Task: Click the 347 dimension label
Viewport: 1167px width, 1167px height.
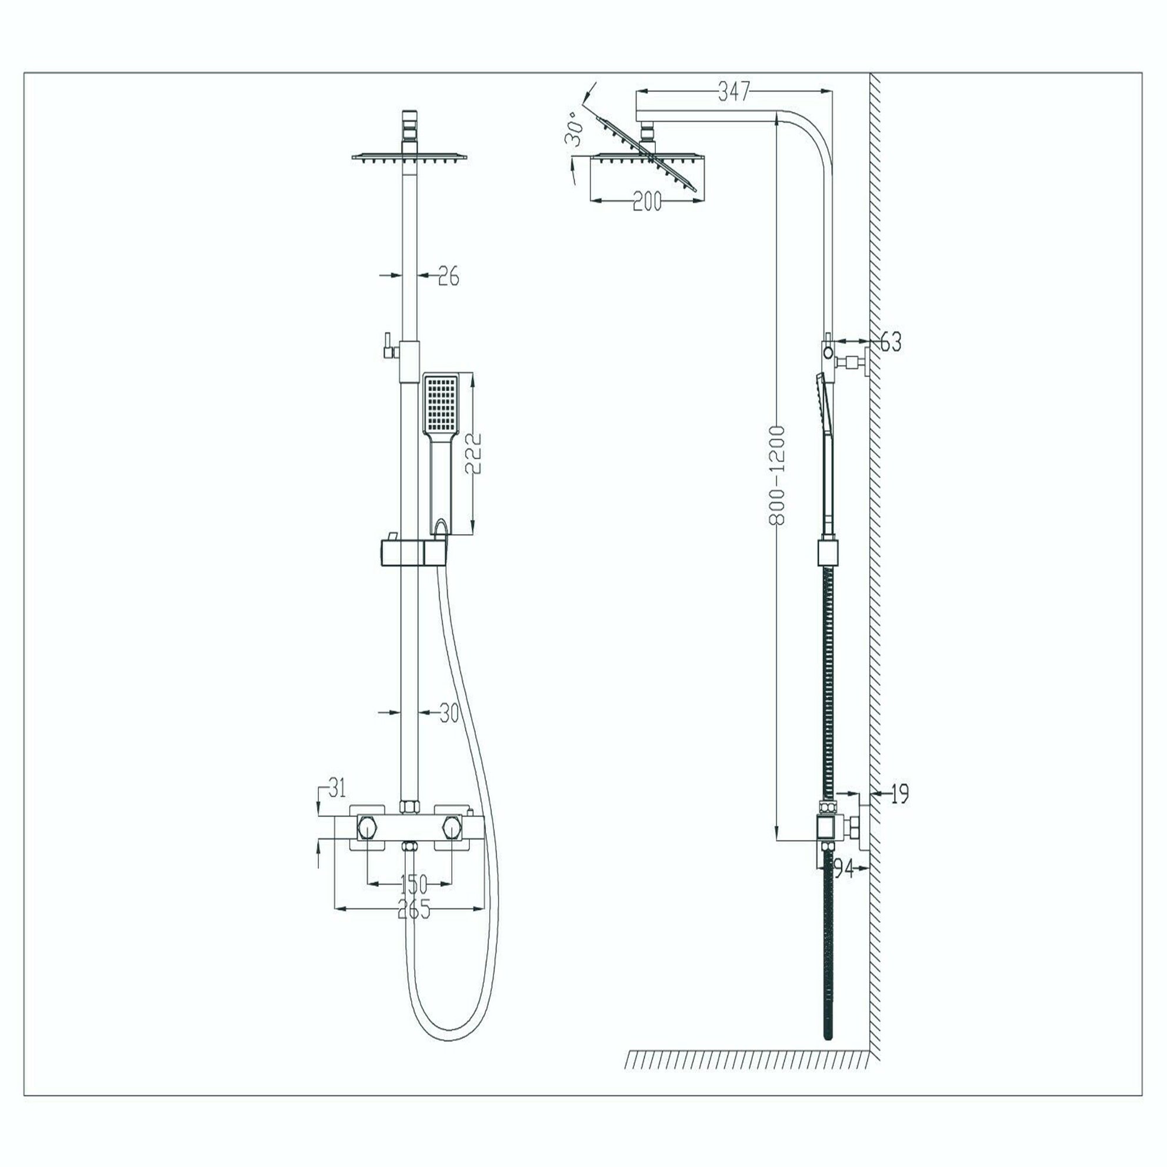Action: pos(733,92)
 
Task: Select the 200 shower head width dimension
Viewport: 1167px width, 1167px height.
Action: pos(647,201)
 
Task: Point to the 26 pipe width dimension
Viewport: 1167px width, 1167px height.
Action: pos(448,276)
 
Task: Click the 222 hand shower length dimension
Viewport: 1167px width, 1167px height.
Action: pos(476,454)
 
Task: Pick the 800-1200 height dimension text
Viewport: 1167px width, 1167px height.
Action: pos(778,475)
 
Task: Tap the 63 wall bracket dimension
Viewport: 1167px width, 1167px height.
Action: pos(891,342)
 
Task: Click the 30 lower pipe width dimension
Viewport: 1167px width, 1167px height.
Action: pos(449,713)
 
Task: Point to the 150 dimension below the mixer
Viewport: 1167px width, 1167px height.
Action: pos(413,884)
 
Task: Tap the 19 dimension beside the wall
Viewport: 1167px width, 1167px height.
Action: pos(899,793)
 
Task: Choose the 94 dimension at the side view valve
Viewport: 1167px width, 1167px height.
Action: pos(844,869)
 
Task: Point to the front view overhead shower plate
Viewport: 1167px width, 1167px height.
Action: pos(409,158)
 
